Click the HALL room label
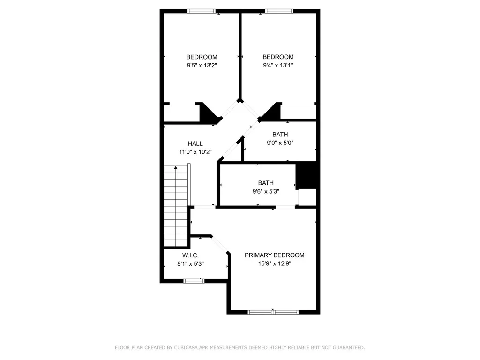(x=195, y=143)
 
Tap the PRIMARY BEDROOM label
(x=274, y=255)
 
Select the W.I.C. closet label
(x=190, y=255)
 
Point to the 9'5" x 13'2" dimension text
(x=202, y=65)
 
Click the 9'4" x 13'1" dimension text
(x=278, y=65)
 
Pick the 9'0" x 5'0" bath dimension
(x=280, y=142)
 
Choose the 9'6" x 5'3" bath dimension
(x=266, y=191)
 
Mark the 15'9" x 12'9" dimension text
(x=275, y=263)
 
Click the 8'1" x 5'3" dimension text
(x=190, y=263)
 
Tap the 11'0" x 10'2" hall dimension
(x=195, y=152)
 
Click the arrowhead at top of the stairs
(x=176, y=168)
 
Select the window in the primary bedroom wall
(x=273, y=312)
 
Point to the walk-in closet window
(x=194, y=281)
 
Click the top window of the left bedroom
(x=202, y=11)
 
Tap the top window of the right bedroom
(x=279, y=11)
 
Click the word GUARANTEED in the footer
(x=349, y=347)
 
